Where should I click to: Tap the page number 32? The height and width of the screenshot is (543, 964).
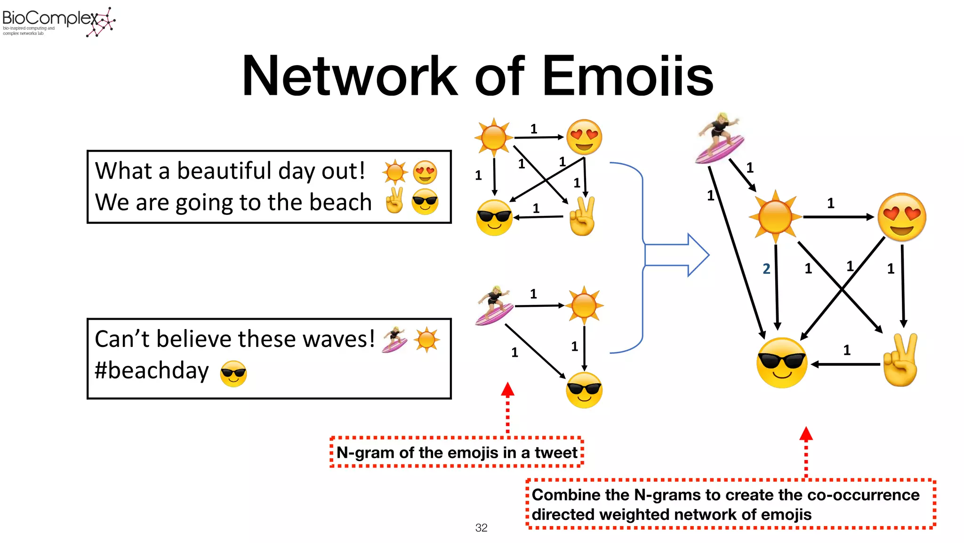coord(481,528)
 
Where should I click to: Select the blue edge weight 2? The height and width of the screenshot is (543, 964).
coord(766,269)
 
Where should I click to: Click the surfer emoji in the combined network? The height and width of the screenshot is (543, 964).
coord(719,138)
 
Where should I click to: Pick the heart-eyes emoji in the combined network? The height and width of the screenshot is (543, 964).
coord(901,217)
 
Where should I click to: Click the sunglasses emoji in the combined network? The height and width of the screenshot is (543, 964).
coord(782,363)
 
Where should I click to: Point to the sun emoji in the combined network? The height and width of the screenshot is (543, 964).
coord(775,217)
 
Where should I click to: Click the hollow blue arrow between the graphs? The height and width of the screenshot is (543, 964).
coord(678,255)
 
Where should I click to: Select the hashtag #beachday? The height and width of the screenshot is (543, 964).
coord(152,370)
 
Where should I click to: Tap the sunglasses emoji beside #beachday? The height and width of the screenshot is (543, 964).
coord(233,373)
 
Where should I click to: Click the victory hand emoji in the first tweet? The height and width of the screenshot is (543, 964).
coord(394,201)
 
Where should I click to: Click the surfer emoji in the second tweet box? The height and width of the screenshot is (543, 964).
coord(394,339)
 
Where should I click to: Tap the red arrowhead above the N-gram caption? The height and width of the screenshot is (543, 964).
coord(507,389)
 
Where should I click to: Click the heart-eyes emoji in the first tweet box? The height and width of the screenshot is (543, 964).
coord(425,172)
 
